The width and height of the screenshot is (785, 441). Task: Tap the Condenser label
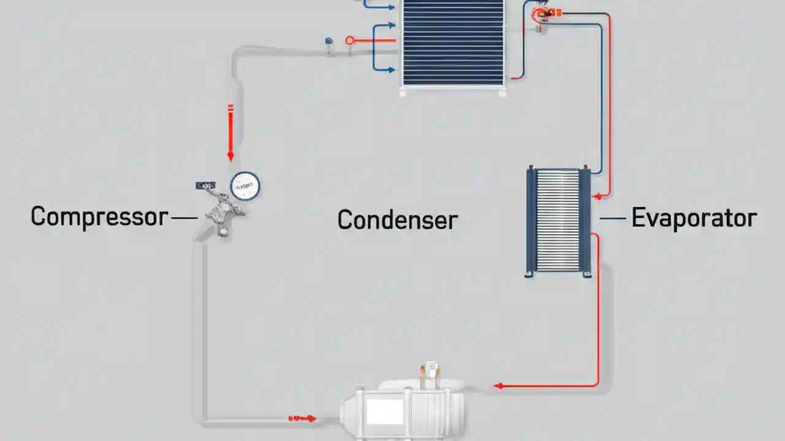tap(397, 220)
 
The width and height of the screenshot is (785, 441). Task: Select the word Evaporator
tap(694, 218)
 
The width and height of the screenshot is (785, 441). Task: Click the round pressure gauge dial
tap(245, 185)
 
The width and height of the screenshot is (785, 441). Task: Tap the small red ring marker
tap(350, 40)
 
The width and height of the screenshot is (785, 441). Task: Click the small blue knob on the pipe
tap(329, 42)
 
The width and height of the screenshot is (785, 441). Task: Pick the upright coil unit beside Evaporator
tap(558, 221)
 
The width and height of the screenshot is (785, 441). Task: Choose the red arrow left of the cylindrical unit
tap(304, 419)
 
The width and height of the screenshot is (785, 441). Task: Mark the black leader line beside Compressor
tap(185, 217)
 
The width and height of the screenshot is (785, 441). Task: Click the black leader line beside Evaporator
tap(612, 218)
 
